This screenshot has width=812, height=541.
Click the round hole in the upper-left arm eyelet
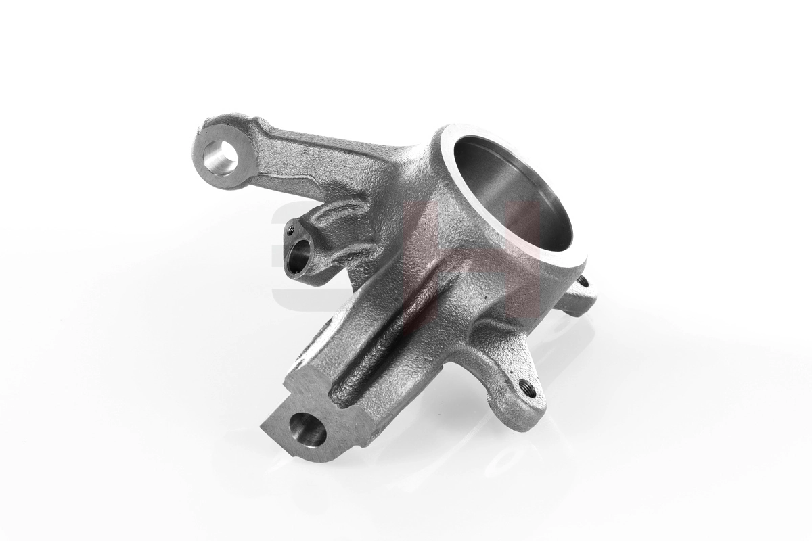coord(221,157)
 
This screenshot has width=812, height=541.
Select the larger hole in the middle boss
coord(299,255)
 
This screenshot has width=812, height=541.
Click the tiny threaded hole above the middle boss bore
coord(291,230)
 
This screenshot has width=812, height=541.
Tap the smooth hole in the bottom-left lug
coord(307,429)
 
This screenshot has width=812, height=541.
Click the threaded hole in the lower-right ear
coord(528,388)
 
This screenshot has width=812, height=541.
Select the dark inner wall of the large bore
coord(487,183)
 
